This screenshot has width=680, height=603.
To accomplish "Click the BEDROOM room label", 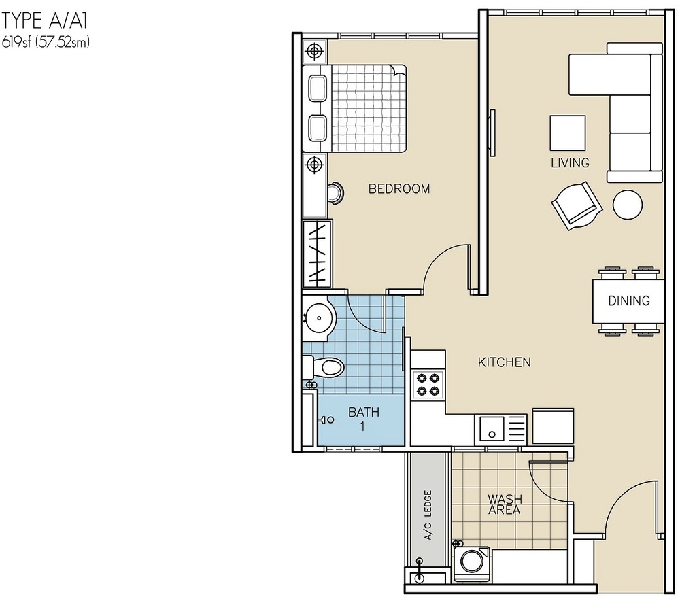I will pos(398,189).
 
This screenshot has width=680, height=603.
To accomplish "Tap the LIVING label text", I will pos(570,163).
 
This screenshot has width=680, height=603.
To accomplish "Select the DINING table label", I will pos(628,300).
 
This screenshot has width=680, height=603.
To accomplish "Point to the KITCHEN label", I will pos(504,362).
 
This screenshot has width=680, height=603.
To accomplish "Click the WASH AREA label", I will pos(504,505).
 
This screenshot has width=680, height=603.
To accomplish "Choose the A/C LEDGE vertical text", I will pos(428,515).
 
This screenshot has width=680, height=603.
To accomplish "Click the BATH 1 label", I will pos(363,419).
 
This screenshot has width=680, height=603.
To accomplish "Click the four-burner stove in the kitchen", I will pos(428,384).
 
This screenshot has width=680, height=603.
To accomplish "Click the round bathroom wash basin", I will pos(318,317).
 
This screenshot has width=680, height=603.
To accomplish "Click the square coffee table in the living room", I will pos(567,133).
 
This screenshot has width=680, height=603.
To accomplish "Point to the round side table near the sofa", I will pos(627,204).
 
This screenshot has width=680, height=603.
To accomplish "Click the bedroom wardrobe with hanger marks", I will pos(317,253).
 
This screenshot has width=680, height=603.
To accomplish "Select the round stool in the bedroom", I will pos(335,194).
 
